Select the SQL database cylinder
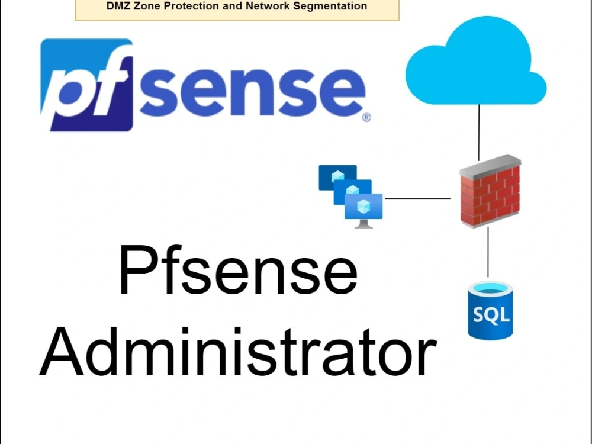point(489,310)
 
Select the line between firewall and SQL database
point(488,252)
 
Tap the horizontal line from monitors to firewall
point(417,198)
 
